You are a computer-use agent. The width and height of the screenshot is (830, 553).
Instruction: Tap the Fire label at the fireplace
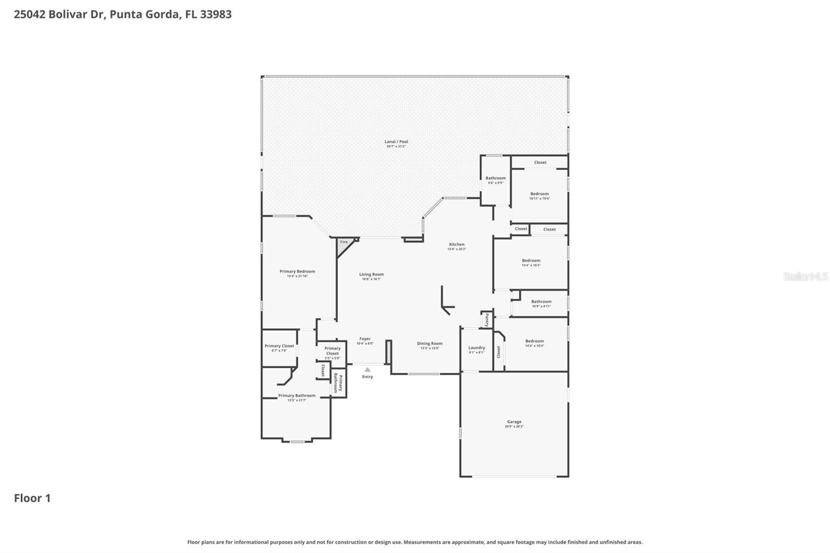click(x=344, y=242)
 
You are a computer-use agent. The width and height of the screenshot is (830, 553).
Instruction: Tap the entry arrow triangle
click(x=367, y=370)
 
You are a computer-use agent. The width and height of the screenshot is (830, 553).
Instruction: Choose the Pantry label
click(x=487, y=320)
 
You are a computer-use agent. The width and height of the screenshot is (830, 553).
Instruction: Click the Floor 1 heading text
click(x=32, y=498)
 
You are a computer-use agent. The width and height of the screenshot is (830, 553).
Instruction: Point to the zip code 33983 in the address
click(x=215, y=14)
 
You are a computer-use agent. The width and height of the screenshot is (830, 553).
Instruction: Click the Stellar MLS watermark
click(x=805, y=276)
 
